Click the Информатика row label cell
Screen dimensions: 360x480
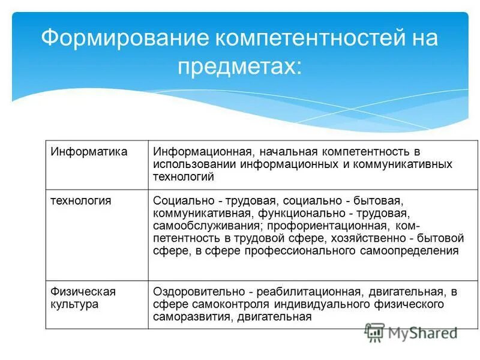click(89, 151)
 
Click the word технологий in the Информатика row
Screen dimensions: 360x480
click(184, 177)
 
